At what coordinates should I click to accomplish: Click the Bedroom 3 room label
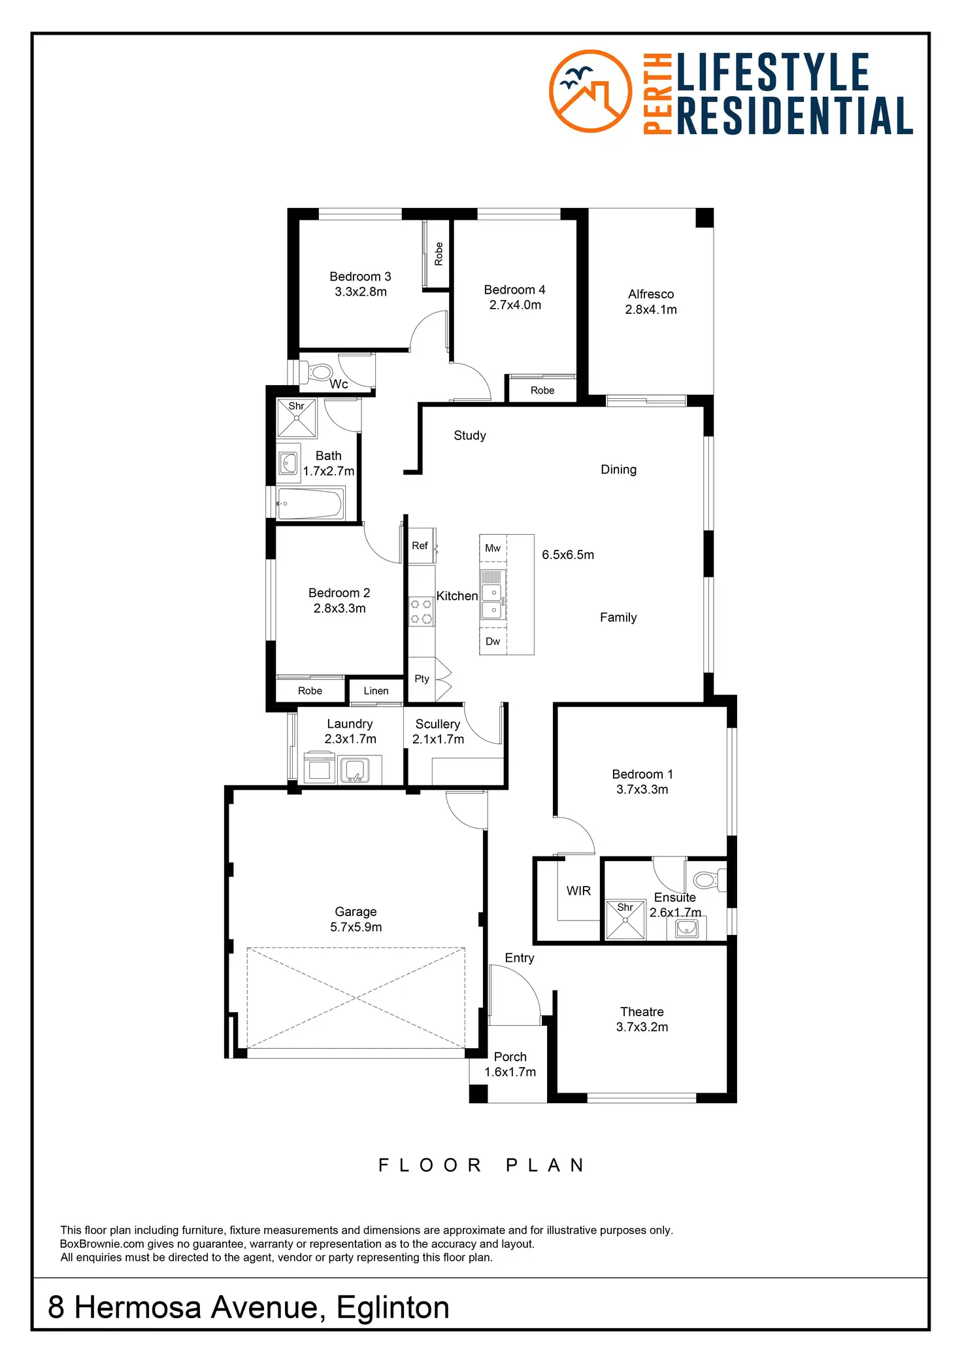tap(360, 277)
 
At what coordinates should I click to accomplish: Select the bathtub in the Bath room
tap(310, 503)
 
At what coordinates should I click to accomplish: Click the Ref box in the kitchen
tap(420, 545)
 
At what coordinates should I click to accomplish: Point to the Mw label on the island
tap(493, 548)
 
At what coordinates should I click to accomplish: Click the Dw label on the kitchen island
tap(493, 641)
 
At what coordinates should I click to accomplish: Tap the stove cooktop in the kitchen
tap(421, 611)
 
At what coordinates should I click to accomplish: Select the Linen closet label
tap(376, 690)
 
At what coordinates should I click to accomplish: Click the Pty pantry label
tap(422, 679)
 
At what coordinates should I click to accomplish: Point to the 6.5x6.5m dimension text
tap(568, 554)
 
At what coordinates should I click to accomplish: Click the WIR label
tap(578, 891)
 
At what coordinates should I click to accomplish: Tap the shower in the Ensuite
tap(625, 919)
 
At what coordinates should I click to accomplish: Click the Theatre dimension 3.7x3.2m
tap(642, 1027)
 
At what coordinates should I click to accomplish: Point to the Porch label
tap(510, 1057)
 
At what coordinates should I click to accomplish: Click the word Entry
tap(520, 958)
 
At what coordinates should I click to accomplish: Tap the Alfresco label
tap(651, 294)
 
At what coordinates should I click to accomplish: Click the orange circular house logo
tap(590, 91)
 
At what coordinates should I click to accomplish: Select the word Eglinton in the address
tap(393, 1308)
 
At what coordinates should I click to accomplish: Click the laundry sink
tap(354, 770)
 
